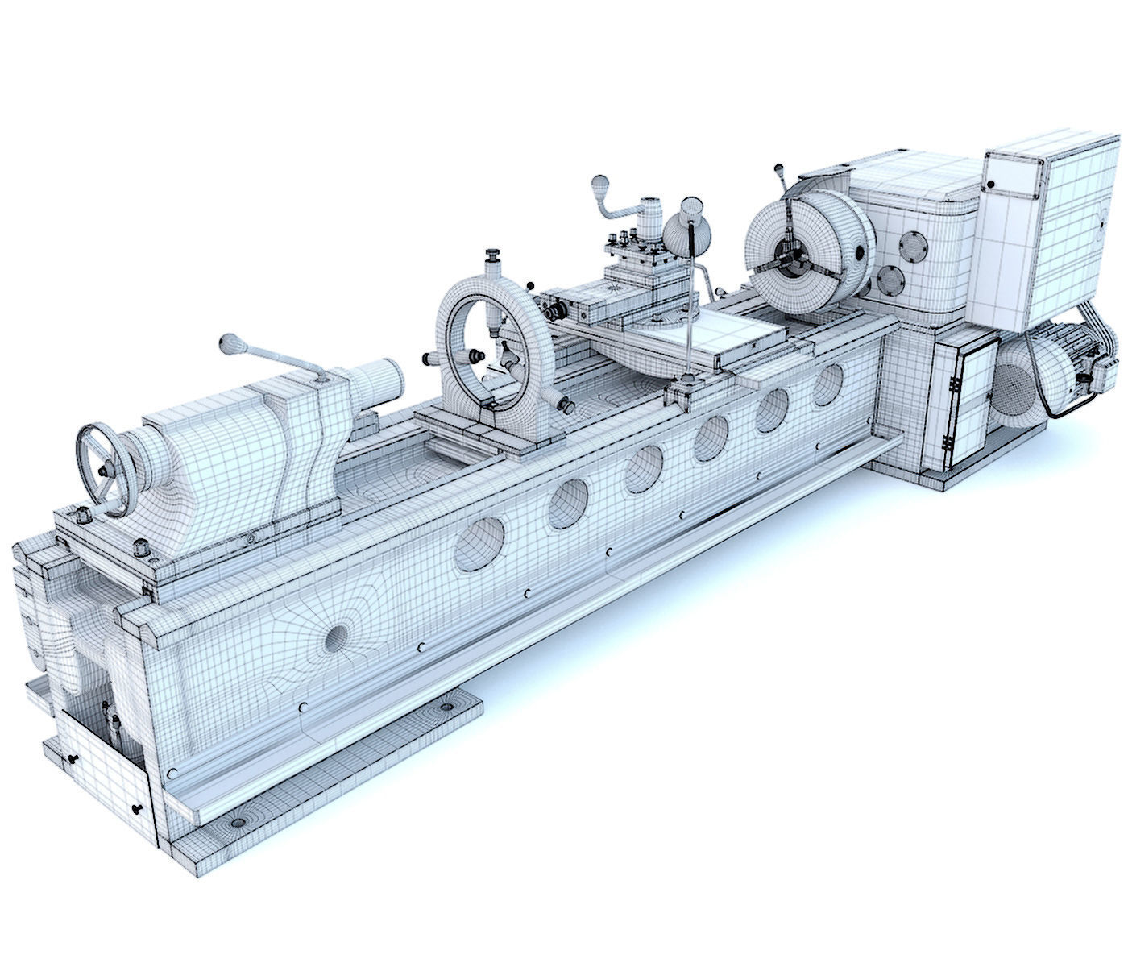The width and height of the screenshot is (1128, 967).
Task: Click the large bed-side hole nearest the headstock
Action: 827,384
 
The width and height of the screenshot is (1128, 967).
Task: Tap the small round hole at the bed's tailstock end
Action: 336,637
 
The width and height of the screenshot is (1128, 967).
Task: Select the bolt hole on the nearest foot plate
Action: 238,824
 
